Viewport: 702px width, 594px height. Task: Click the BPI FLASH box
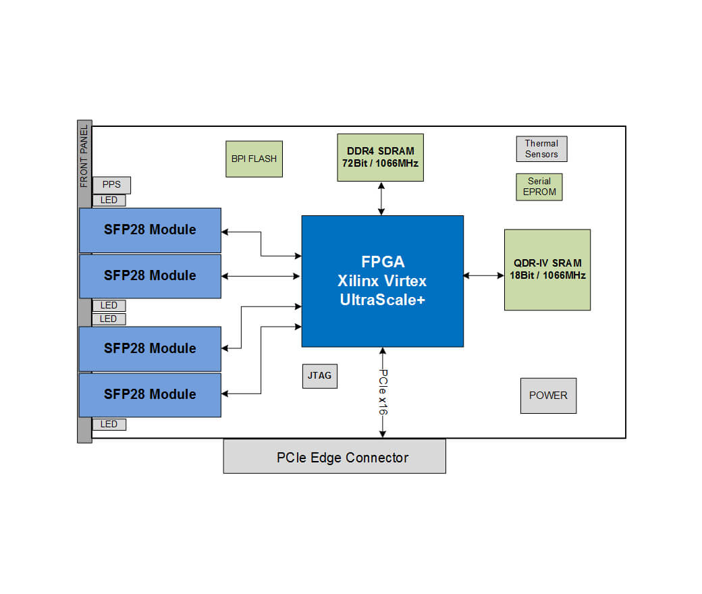(x=253, y=159)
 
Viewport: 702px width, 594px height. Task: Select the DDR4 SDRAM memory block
(x=380, y=157)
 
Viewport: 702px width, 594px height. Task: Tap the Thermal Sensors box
(x=541, y=149)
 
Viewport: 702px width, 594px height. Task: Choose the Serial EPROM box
(x=539, y=187)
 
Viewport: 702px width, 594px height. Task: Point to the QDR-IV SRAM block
(x=547, y=269)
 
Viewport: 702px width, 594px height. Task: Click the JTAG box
(x=319, y=375)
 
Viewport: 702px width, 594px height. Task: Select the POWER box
(x=548, y=396)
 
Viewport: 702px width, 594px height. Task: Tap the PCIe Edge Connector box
(x=334, y=457)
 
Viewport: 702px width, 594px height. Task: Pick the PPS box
(x=111, y=185)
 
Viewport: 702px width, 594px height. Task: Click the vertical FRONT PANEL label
(x=84, y=157)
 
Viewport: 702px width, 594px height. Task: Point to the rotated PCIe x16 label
(x=383, y=391)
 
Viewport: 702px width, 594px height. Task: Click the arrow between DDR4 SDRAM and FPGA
(x=381, y=198)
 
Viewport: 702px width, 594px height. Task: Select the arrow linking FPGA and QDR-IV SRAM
(x=483, y=275)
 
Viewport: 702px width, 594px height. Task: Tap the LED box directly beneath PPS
(x=109, y=200)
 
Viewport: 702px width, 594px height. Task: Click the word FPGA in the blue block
(x=382, y=262)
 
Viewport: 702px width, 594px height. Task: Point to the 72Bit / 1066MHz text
(x=380, y=163)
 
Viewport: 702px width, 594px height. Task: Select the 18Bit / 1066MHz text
(x=547, y=275)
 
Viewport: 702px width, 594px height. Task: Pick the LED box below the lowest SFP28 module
(x=109, y=425)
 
